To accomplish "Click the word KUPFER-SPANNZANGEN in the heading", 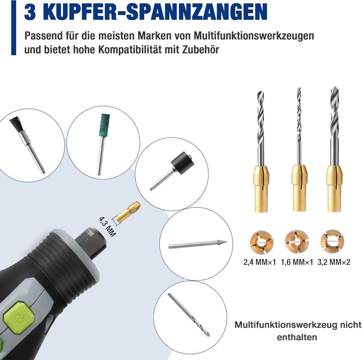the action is coord(158,12).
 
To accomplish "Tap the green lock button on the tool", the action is coord(19,318).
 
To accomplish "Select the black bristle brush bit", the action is coord(27,145).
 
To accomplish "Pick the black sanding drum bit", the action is coord(172,170).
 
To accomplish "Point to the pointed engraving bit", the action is coord(198,244).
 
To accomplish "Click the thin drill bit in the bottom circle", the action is coord(189,314).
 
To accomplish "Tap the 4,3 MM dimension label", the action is coord(107,227).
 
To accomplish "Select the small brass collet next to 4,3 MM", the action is coord(128,212).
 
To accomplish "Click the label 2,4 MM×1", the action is coord(260,262).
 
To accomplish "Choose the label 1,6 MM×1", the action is coord(297,262).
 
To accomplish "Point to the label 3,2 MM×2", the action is coord(334,262).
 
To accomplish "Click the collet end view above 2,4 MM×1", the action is coord(261,242).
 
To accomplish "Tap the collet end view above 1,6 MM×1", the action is coord(297,241).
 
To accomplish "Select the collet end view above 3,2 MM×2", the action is coord(332,241).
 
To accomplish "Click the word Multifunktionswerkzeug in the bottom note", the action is coord(286,325).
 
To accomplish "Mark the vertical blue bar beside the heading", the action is coord(14,28).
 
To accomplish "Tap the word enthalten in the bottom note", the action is coord(297,337).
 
